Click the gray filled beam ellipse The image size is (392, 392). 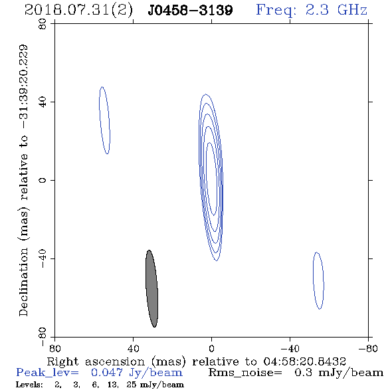click(151, 288)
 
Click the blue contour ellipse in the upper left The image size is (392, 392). click(100, 120)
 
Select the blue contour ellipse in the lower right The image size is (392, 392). click(314, 280)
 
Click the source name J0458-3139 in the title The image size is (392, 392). click(191, 11)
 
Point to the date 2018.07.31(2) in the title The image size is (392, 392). click(78, 11)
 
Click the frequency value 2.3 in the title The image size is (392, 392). click(317, 10)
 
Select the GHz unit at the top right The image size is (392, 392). click(352, 10)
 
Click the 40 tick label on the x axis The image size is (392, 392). click(133, 348)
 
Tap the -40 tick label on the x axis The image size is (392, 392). click(290, 348)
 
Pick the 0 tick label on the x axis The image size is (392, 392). click(211, 348)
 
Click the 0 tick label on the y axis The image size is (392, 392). click(43, 180)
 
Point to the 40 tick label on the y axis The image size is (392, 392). click(43, 102)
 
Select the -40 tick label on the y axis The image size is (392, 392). click(43, 258)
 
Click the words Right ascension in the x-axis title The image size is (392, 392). click(96, 362)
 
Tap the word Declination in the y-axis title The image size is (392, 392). click(23, 282)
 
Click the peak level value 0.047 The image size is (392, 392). click(107, 373)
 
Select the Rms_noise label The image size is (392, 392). click(245, 373)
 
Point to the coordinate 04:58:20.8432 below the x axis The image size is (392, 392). click(304, 361)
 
